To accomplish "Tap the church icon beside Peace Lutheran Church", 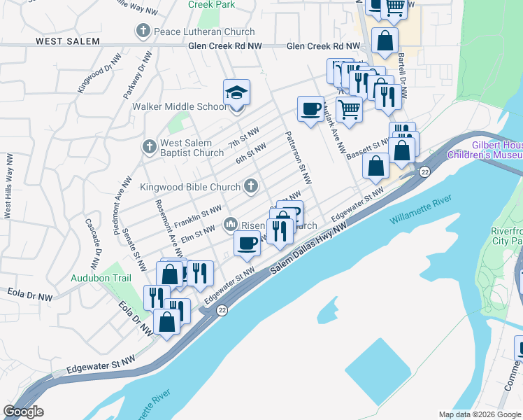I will pyautogui.click(x=143, y=31).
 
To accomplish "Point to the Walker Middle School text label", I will pyautogui.click(x=180, y=107).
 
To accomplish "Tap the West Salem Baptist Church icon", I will pyautogui.click(x=148, y=147).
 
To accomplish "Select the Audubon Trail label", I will pyautogui.click(x=101, y=277).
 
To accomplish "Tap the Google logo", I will pyautogui.click(x=23, y=412).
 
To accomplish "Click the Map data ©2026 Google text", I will pyautogui.click(x=479, y=414).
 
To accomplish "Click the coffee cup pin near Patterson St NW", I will pyautogui.click(x=310, y=108).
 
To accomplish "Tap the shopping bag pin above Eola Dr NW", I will pyautogui.click(x=167, y=323).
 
